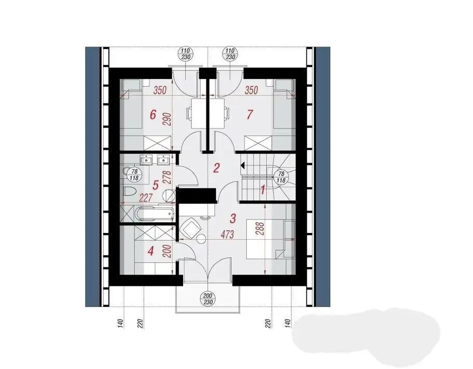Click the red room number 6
click(153, 115)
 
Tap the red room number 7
click(249, 115)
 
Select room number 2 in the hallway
click(216, 168)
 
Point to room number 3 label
click(232, 218)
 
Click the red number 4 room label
click(151, 251)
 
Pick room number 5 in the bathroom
click(156, 185)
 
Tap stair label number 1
click(263, 190)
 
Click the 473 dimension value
click(228, 234)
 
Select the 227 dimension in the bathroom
click(146, 198)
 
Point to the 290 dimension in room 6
click(168, 120)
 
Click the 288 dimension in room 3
click(261, 229)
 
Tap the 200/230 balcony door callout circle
click(208, 299)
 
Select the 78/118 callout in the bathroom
click(134, 175)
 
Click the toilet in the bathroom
click(130, 192)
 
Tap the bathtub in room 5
click(154, 214)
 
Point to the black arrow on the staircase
click(243, 165)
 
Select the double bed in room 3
click(266, 239)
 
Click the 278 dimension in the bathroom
click(168, 178)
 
